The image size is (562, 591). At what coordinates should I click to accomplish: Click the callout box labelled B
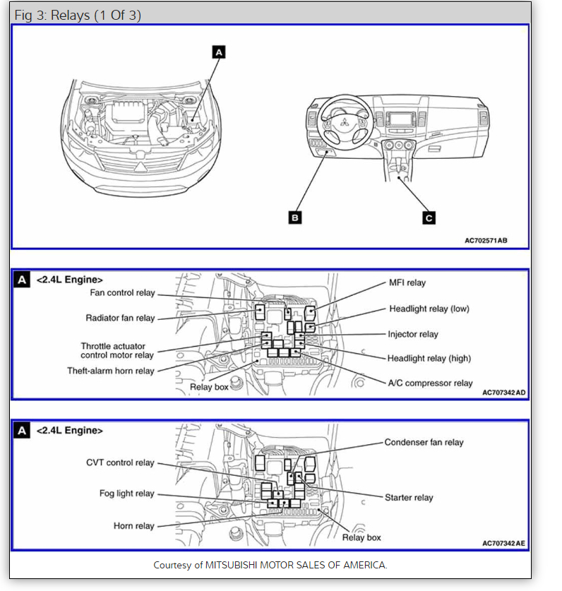295,217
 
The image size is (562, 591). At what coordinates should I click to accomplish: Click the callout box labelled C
429,217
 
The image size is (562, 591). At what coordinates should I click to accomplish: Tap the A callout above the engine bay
218,52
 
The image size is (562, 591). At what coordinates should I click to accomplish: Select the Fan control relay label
121,292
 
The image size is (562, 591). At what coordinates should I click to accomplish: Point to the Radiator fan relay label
120,318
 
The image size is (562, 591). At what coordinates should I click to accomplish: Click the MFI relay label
407,283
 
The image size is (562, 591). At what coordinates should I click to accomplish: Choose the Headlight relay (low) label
429,309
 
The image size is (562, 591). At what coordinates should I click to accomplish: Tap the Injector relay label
412,334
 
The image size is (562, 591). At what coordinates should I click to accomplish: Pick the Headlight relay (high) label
429,359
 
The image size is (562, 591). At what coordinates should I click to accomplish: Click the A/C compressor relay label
430,383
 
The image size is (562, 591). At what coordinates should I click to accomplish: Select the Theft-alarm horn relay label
111,371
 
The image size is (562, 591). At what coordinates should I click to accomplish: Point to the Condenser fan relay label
424,443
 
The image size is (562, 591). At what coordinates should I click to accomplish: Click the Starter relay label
409,498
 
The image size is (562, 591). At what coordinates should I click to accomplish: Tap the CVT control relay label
120,463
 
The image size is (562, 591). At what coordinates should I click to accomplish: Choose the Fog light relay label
126,494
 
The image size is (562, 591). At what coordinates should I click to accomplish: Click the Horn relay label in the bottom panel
133,526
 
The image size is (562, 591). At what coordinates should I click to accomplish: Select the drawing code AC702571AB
486,240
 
